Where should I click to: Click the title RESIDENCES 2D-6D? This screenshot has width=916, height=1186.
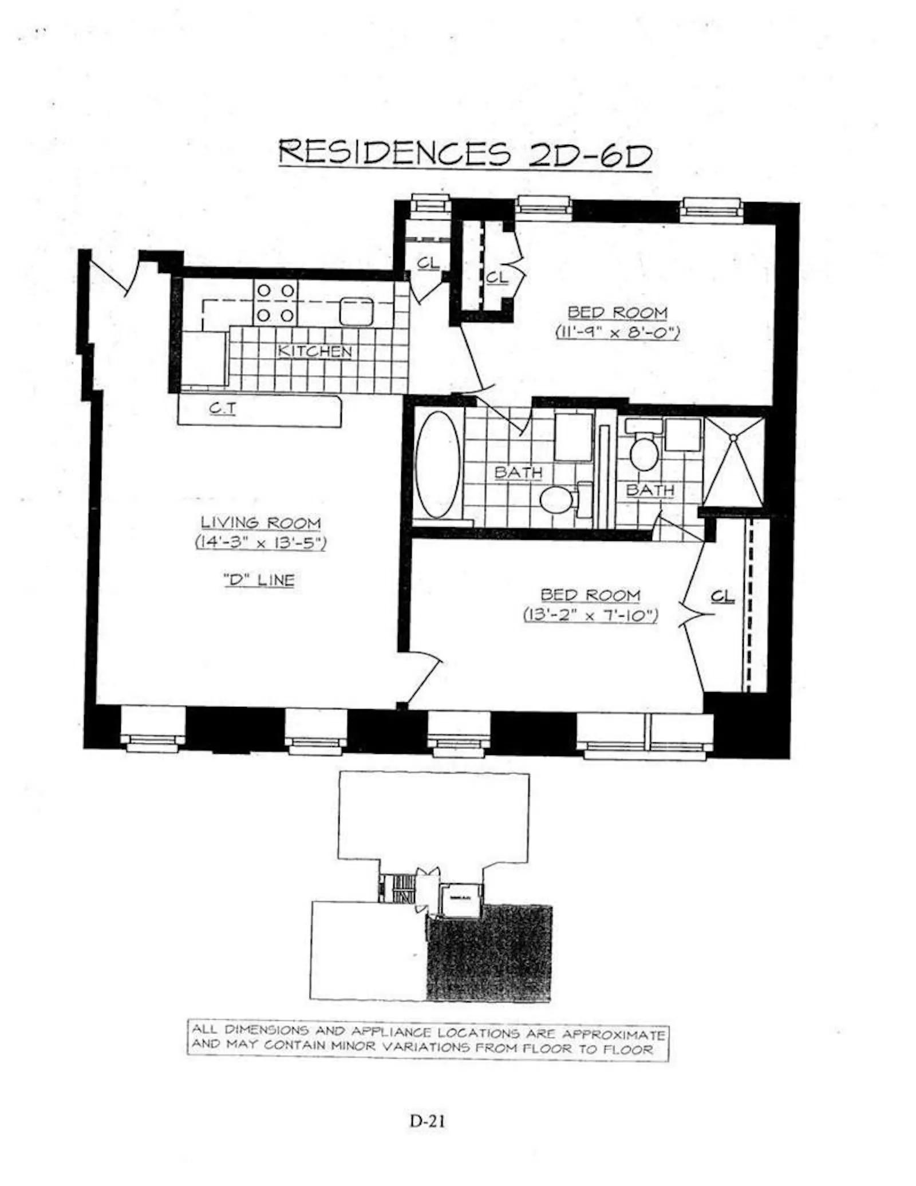coord(464,153)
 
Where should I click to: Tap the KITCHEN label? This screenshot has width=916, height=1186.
coord(314,351)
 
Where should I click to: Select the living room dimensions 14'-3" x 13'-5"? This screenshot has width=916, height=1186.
coord(260,542)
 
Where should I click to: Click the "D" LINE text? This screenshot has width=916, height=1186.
coord(259,580)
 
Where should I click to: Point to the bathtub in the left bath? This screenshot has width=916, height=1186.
coord(437,465)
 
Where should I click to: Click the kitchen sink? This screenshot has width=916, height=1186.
coord(356,311)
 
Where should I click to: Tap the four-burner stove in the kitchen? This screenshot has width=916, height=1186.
coord(275,303)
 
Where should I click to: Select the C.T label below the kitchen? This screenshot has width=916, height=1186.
coord(223,408)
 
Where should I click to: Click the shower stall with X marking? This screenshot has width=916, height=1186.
coord(733,462)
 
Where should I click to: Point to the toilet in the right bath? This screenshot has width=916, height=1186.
coord(644,453)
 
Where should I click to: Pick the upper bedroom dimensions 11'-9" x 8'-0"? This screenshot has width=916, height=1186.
coord(617,332)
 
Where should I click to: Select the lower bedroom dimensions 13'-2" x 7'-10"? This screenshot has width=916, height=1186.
coord(590,615)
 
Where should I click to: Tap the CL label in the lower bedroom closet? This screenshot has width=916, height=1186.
coord(722,596)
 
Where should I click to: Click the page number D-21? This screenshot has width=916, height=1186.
coord(427,1120)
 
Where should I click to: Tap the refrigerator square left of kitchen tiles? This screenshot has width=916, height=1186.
coord(204,358)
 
